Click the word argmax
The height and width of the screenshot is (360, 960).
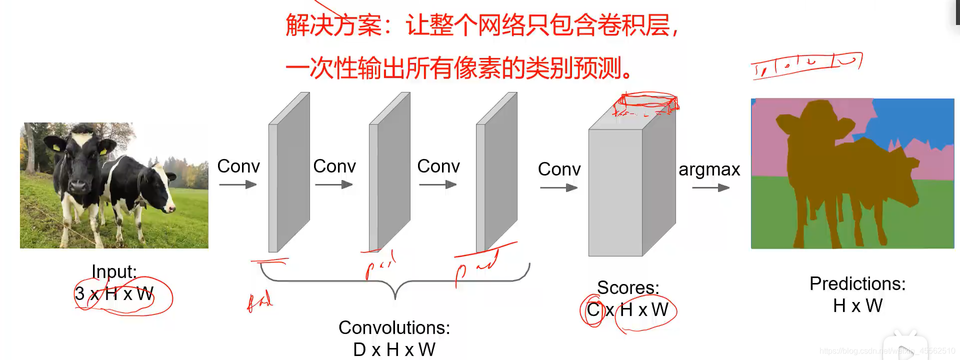(709, 170)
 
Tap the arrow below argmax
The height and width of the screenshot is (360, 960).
(710, 188)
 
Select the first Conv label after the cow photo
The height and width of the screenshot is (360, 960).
(238, 166)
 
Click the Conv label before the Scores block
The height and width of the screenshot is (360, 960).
(559, 169)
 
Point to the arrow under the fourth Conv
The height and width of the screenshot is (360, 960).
(558, 188)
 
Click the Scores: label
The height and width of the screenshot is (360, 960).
(628, 288)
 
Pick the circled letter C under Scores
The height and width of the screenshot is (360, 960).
(593, 310)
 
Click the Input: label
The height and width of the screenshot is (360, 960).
(114, 271)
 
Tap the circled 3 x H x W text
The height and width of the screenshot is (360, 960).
(114, 293)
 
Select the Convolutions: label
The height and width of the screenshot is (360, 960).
(394, 328)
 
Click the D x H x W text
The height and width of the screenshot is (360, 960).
(394, 349)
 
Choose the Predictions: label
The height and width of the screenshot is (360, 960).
(857, 284)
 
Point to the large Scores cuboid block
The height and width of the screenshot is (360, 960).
(616, 192)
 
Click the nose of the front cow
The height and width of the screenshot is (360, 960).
(79, 186)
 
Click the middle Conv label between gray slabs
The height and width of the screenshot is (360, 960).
(334, 166)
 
